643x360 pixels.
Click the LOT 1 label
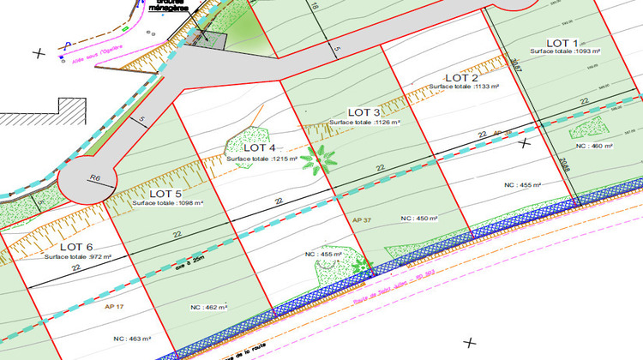tap(562, 42)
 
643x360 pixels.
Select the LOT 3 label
tap(364, 112)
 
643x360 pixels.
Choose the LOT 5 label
tap(160, 193)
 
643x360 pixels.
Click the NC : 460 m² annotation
tap(595, 147)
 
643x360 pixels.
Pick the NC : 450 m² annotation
tap(420, 219)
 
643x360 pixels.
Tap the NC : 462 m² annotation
tap(207, 306)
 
